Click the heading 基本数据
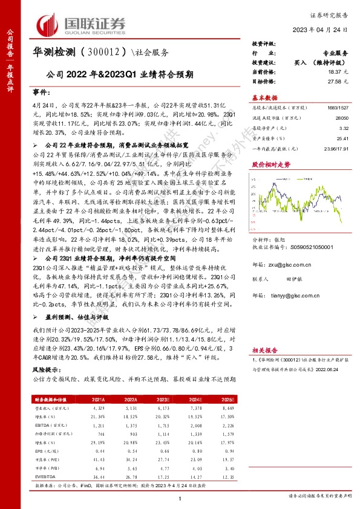[x=264, y=97]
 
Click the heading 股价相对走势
[x=268, y=163]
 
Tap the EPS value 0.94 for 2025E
[x=227, y=451]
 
